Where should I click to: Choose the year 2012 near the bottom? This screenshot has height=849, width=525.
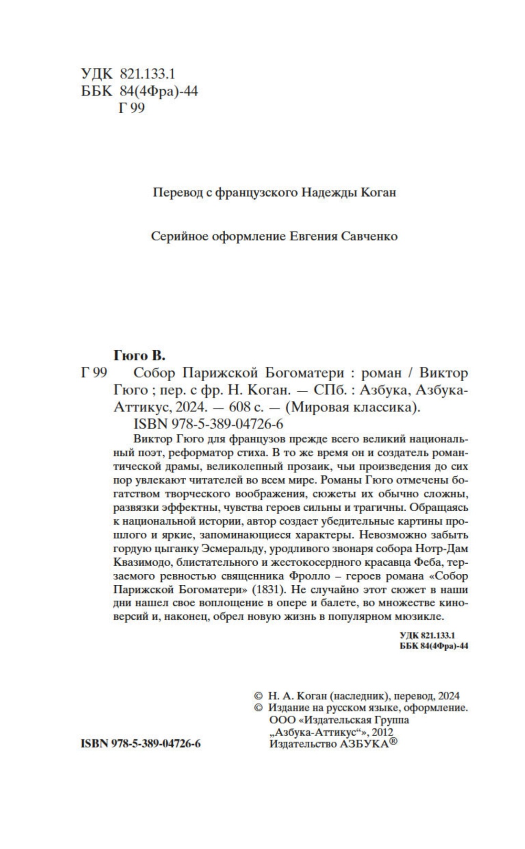point(384,732)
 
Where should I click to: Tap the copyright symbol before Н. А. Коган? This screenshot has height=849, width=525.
point(258,696)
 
